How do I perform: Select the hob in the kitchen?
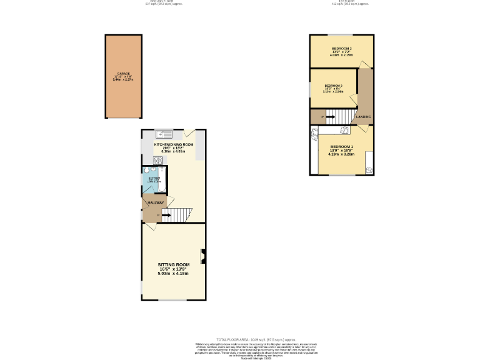coord(157,160)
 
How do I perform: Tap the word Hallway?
coord(156,202)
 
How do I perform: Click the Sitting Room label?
coord(173,264)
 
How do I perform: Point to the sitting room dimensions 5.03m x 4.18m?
coord(173,273)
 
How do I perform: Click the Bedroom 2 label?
coord(341,49)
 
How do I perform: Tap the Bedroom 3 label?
coord(332,86)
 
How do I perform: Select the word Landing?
coord(363,117)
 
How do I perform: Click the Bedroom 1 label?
coord(342,146)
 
